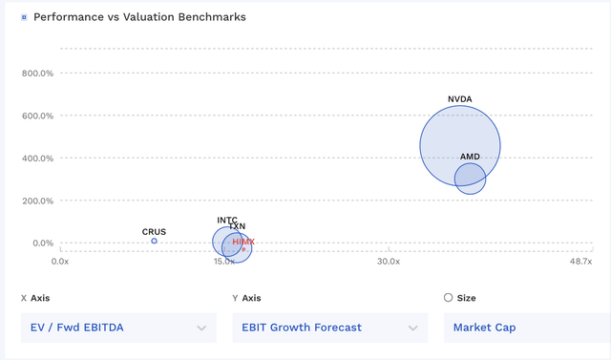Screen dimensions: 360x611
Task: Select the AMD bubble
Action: coord(471,179)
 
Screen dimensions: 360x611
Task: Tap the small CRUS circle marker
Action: coord(155,242)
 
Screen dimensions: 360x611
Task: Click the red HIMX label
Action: coord(243,243)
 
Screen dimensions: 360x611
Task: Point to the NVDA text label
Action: coord(460,99)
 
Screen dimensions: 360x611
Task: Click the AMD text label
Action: coord(471,157)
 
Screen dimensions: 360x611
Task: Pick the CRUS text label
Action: coord(154,232)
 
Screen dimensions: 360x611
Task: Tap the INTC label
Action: coord(227,221)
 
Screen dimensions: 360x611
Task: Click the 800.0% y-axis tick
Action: coord(37,74)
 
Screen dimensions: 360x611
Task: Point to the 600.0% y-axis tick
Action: coord(37,116)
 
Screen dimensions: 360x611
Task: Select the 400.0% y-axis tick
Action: coord(37,159)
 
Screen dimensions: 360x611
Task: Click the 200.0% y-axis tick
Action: coord(37,201)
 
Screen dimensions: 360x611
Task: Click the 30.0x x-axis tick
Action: coord(388,262)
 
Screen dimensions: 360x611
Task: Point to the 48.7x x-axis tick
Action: coord(579,262)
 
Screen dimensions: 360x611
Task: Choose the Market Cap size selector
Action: coord(525,328)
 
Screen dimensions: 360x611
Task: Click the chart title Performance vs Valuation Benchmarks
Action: coord(139,17)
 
